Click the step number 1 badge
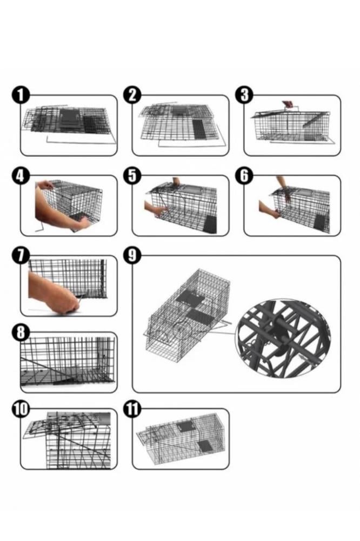21,95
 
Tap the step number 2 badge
132,95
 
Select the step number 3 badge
244,95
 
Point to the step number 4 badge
21,176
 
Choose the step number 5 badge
132,176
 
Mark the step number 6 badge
244,176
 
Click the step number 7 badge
21,256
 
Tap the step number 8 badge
21,333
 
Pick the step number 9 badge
132,256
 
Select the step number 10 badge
21,409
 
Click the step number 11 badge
132,409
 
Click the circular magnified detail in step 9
283,339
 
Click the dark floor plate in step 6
320,224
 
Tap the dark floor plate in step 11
203,446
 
